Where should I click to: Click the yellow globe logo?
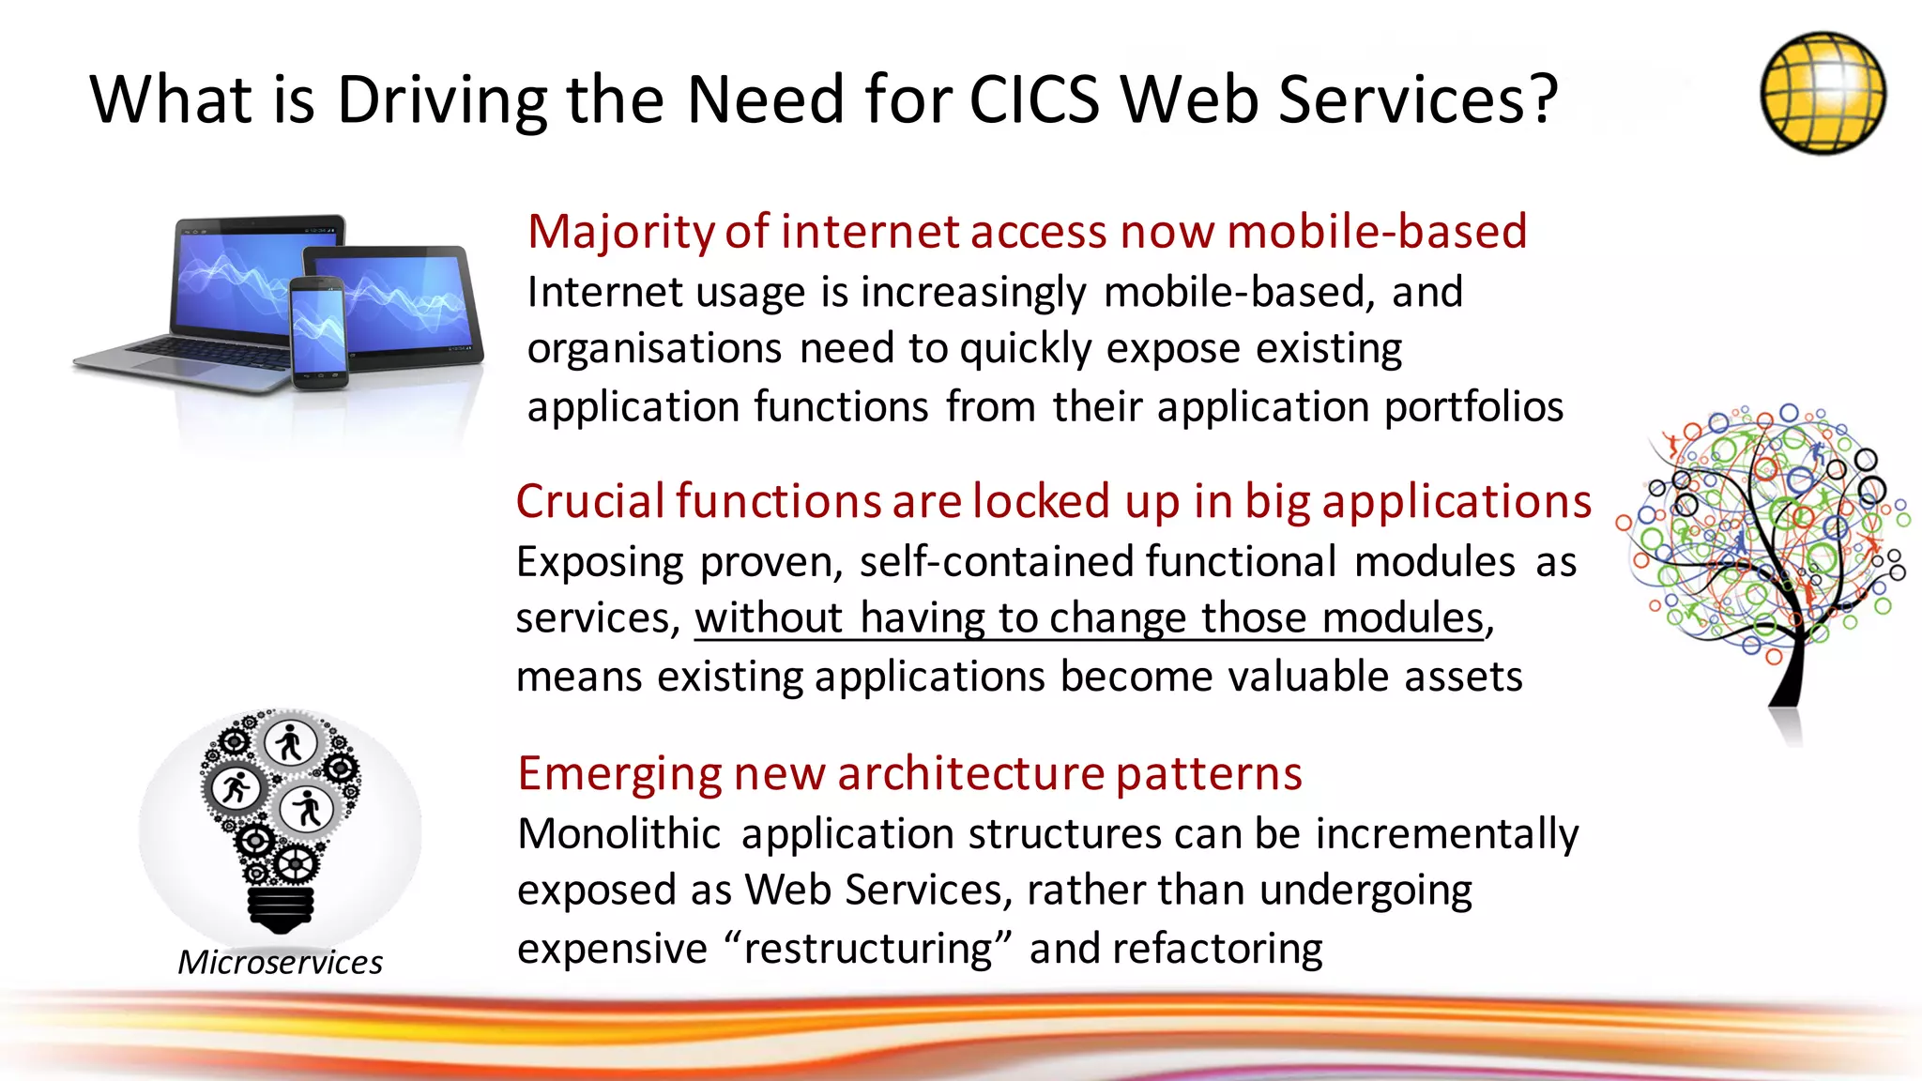pyautogui.click(x=1823, y=92)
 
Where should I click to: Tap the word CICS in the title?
pyautogui.click(x=1033, y=99)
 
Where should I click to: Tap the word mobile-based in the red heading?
pyautogui.click(x=1377, y=231)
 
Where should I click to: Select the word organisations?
pyautogui.click(x=654, y=349)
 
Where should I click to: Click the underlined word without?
pyautogui.click(x=769, y=618)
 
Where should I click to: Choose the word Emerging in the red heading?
pyautogui.click(x=619, y=773)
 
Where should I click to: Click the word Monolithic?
pyautogui.click(x=619, y=834)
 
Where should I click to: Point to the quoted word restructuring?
pyautogui.click(x=868, y=949)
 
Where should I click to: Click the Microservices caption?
pyautogui.click(x=280, y=963)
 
